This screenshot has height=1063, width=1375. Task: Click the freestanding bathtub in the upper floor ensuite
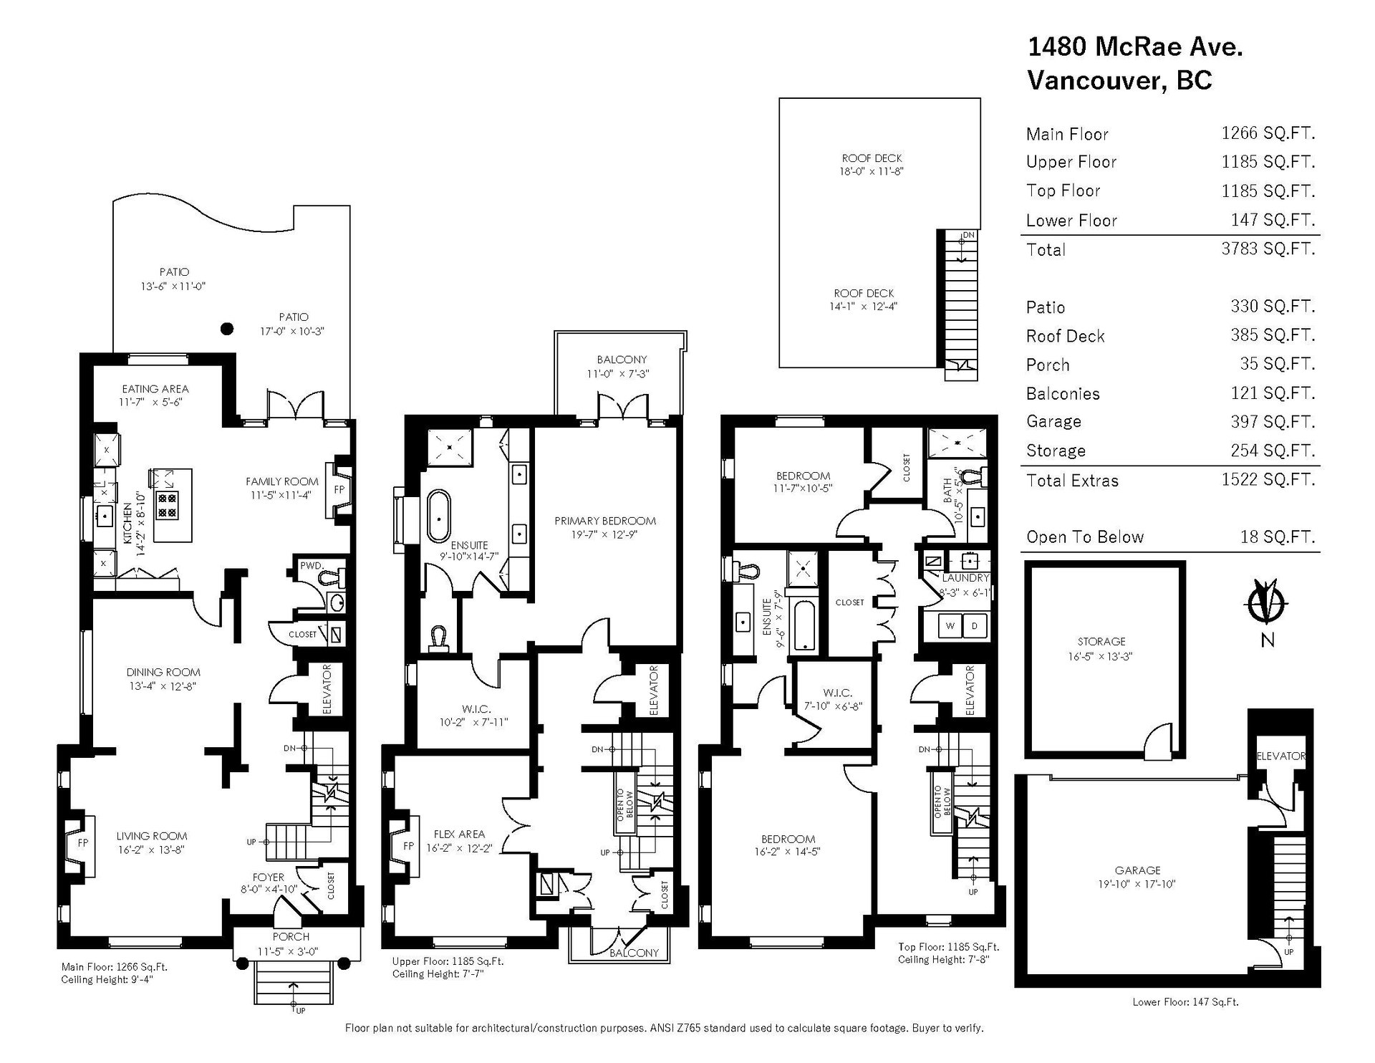point(438,516)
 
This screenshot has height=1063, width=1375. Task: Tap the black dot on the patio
point(226,329)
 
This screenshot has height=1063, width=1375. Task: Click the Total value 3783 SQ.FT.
point(1268,249)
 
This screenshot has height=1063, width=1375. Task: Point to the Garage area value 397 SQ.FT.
point(1268,421)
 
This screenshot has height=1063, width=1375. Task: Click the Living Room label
point(152,835)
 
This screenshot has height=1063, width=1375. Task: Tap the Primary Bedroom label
point(605,521)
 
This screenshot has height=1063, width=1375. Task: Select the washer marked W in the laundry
point(951,625)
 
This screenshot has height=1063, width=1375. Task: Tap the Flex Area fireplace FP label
point(408,846)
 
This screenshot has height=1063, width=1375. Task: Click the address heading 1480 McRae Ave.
point(1135,47)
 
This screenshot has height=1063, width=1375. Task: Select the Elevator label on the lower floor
point(1281,756)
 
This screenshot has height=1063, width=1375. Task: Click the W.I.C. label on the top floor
point(837,693)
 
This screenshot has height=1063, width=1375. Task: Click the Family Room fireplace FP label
point(339,490)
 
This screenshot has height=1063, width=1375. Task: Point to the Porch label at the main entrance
point(291,936)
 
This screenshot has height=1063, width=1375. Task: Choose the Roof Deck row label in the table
point(1065,336)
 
